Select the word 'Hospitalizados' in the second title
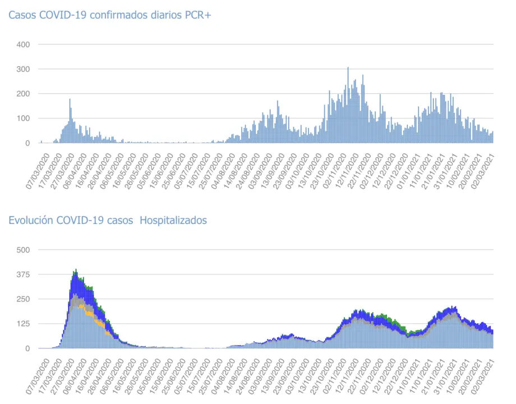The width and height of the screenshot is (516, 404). point(173,221)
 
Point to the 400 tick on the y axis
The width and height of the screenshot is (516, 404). point(24,44)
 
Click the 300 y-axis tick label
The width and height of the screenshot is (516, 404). point(24,69)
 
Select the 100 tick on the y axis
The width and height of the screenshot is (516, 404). point(24,118)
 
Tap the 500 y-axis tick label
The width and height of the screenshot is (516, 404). point(24,250)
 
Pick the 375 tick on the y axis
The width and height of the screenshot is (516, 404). point(24,274)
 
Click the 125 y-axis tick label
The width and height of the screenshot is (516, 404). point(24,324)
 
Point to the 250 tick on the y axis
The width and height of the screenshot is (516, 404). point(24,299)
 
